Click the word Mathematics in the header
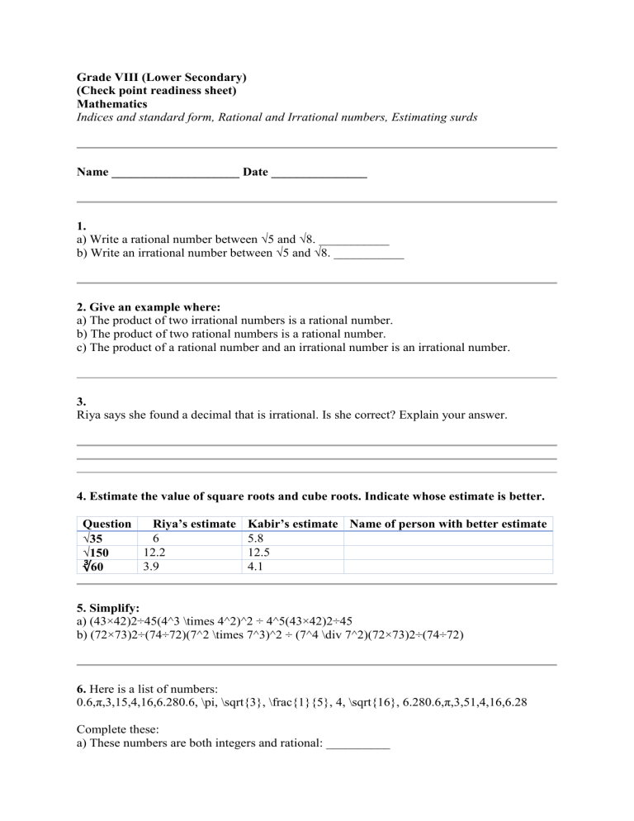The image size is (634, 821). [111, 105]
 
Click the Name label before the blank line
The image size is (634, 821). [92, 173]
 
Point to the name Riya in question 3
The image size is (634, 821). [89, 416]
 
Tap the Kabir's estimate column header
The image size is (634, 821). [293, 524]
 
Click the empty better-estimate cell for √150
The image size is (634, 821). [448, 553]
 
